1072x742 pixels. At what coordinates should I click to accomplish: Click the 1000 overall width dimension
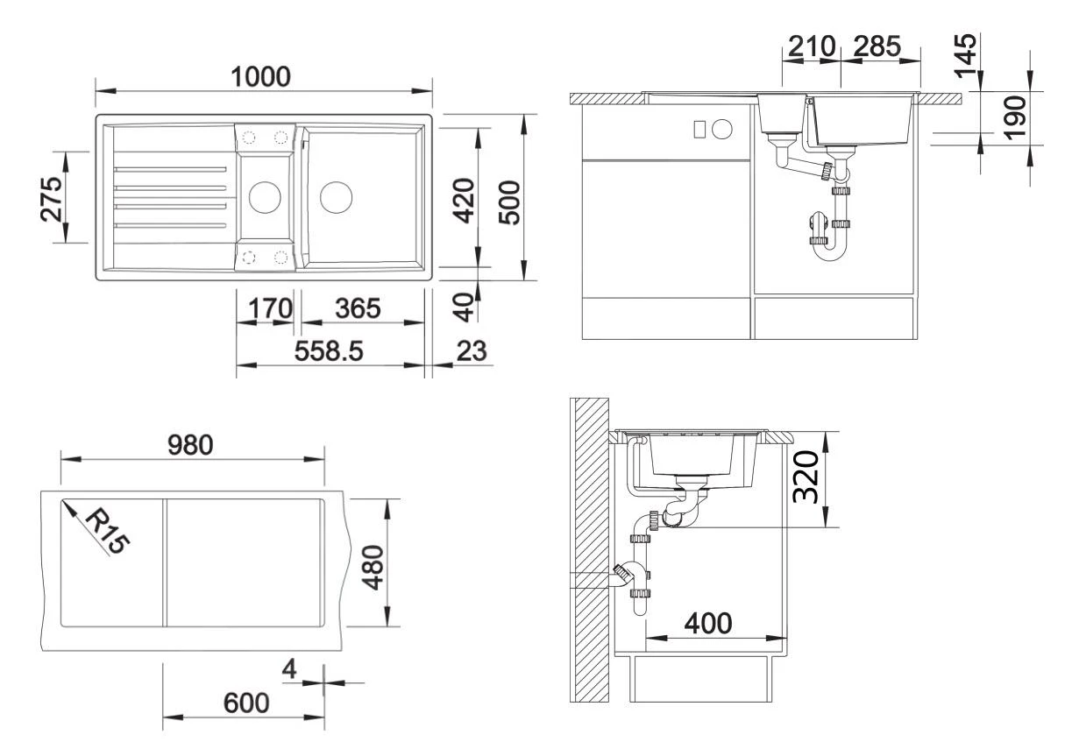tap(260, 77)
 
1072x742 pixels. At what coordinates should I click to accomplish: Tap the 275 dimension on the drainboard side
tap(53, 199)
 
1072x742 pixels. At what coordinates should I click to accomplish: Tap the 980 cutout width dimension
tap(190, 445)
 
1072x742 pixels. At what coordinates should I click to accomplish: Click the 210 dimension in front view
tap(810, 47)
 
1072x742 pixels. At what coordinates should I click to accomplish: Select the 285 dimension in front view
tap(877, 47)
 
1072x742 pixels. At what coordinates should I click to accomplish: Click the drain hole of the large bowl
tap(334, 197)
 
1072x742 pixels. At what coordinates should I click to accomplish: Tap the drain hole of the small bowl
tap(263, 197)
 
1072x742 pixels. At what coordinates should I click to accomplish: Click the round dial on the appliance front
tap(722, 129)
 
